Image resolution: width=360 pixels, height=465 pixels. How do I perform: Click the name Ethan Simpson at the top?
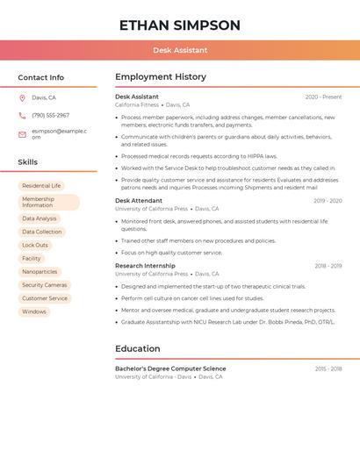tap(180, 25)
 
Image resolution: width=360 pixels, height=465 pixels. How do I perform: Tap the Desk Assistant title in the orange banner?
tap(180, 50)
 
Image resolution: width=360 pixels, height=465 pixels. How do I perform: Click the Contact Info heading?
tap(41, 77)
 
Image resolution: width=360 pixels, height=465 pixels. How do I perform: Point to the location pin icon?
tap(22, 98)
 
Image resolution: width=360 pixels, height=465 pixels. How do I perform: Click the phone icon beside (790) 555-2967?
tap(22, 116)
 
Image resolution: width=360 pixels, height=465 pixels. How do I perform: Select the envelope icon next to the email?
tap(22, 134)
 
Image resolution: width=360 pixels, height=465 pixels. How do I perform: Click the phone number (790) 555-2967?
tap(50, 116)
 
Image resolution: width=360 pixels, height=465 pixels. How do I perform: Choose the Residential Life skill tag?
tap(41, 186)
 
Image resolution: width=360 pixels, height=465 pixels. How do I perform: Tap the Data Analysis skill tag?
tap(39, 218)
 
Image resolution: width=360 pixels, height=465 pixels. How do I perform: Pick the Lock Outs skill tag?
tap(35, 245)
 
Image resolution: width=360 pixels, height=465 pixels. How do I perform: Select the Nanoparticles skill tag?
tap(40, 272)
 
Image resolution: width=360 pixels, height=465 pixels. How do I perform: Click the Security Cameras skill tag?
tap(44, 285)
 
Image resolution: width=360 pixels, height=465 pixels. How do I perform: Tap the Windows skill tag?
tap(34, 311)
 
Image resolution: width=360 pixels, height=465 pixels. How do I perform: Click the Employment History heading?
tap(161, 77)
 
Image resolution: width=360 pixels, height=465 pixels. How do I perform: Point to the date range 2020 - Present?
tap(323, 97)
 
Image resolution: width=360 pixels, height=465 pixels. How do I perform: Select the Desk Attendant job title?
tap(139, 201)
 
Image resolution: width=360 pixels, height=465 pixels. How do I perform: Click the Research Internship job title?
tap(145, 266)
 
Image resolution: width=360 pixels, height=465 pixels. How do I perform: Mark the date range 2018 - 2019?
tap(328, 266)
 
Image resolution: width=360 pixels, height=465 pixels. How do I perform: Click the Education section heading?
tap(137, 348)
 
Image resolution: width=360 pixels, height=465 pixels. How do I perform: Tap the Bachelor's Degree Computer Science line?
tap(170, 368)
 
